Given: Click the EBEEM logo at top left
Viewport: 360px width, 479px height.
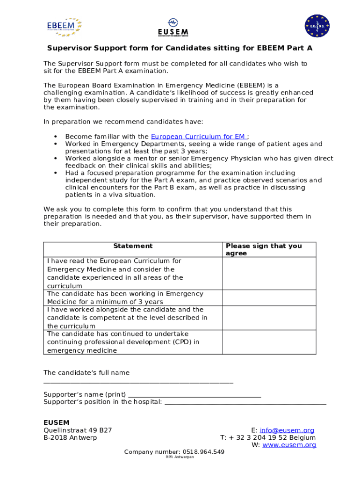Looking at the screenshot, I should pyautogui.click(x=64, y=27).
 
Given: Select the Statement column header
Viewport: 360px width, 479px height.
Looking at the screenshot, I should pyautogui.click(x=133, y=246).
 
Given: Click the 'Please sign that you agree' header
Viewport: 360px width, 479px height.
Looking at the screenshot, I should pyautogui.click(x=264, y=249).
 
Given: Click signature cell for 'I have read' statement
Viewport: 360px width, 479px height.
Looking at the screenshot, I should pyautogui.click(x=269, y=273).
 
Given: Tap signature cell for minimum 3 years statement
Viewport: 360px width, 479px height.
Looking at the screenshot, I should pyautogui.click(x=269, y=298).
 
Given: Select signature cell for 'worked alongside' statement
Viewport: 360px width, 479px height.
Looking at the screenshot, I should pyautogui.click(x=269, y=318).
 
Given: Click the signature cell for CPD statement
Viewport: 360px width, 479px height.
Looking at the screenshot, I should pyautogui.click(x=269, y=342).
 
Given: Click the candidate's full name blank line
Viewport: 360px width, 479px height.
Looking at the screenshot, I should pyautogui.click(x=138, y=382).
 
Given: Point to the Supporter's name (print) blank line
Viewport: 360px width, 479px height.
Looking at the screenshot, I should pyautogui.click(x=194, y=395).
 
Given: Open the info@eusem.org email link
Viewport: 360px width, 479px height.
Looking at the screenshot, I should pyautogui.click(x=287, y=430).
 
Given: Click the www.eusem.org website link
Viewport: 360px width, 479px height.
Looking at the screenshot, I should pyautogui.click(x=289, y=445).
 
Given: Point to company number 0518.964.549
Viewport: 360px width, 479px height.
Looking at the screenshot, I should pyautogui.click(x=174, y=452).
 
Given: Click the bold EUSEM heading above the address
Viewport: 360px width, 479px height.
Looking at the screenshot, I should pyautogui.click(x=57, y=422).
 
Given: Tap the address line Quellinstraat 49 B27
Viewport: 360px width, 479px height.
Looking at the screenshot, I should pyautogui.click(x=78, y=430).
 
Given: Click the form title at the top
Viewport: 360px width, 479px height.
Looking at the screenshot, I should pyautogui.click(x=180, y=48).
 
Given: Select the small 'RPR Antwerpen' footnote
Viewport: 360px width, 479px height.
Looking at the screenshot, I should pyautogui.click(x=180, y=457).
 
